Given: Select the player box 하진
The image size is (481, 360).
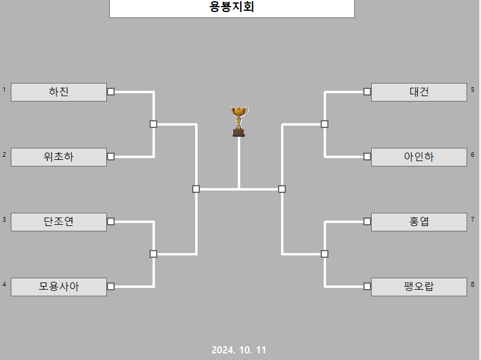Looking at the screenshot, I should pos(59,92).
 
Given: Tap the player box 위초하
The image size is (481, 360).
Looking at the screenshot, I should pos(59,157).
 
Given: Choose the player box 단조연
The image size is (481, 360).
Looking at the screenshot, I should pos(59,222).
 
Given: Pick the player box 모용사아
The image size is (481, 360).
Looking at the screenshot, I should pos(59,287).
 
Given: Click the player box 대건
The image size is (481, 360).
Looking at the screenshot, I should pos(419,92).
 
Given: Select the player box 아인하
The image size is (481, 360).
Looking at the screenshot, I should pos(419,157).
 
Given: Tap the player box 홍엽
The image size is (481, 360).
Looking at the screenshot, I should pos(419,222).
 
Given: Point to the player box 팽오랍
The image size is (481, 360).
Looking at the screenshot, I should pos(419,287).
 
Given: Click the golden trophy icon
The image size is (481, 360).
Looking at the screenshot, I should pos(239,121).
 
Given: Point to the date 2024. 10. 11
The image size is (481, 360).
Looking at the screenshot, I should pos(238,350).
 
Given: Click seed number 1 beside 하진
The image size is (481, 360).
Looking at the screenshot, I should pos(4,90).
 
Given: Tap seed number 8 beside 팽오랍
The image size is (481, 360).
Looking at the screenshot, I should pos(473,284).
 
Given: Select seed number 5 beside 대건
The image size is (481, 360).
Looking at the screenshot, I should pos(473,90).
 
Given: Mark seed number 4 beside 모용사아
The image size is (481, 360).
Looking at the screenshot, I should pos(4,284).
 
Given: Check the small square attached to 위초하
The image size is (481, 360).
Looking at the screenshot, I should pos(110,157).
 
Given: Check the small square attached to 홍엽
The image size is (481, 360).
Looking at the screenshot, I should pos(367,222).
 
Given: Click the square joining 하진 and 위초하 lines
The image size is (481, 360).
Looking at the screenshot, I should pos(153,124).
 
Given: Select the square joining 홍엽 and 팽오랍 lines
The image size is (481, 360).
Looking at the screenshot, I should pos(324,254).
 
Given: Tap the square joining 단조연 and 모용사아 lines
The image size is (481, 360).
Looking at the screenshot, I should pos(153,254).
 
